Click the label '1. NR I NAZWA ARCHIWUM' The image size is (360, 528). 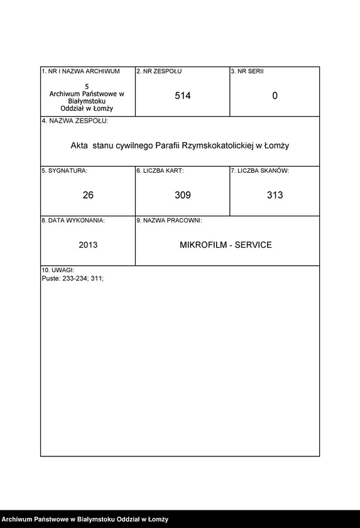coord(80,72)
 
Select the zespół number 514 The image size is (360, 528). coord(182,96)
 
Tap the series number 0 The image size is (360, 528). coord(275,96)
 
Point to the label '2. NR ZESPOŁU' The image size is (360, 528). coord(159,72)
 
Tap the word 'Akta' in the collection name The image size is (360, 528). coord(80,145)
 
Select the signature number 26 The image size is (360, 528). coord(88,195)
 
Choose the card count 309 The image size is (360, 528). coord(182,195)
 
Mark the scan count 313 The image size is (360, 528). coord(275,195)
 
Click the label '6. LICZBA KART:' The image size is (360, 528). coord(160,170)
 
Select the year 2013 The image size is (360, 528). coord(88,245)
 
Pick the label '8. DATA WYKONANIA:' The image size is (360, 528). coord(73,221)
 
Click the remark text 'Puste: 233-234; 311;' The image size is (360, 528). coord(72,277)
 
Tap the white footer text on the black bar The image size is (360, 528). coord(85,519)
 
